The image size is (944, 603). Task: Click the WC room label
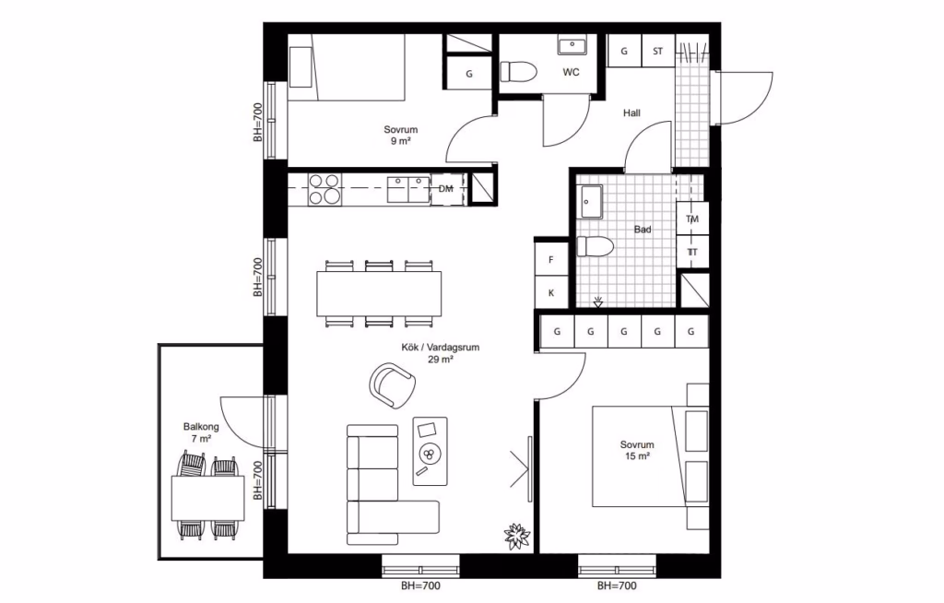pyautogui.click(x=571, y=72)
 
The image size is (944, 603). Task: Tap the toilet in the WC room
pyautogui.click(x=518, y=72)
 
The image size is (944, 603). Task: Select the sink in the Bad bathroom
pyautogui.click(x=591, y=202)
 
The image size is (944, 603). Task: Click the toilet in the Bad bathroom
pyautogui.click(x=595, y=247)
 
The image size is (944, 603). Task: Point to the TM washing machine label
pyautogui.click(x=692, y=219)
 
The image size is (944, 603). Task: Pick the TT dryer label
pyautogui.click(x=692, y=253)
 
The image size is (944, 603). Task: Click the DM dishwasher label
pyautogui.click(x=445, y=189)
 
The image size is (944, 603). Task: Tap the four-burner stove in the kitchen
pyautogui.click(x=324, y=189)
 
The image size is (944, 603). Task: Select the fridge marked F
pyautogui.click(x=551, y=260)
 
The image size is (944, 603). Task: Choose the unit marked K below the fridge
pyautogui.click(x=551, y=293)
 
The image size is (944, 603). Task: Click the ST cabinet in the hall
pyautogui.click(x=657, y=52)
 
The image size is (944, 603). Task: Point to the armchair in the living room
pyautogui.click(x=393, y=384)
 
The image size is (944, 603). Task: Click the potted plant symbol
pyautogui.click(x=516, y=535)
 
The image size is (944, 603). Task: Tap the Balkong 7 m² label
pyautogui.click(x=201, y=432)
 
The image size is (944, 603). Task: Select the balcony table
pyautogui.click(x=207, y=498)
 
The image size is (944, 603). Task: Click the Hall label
pyautogui.click(x=631, y=112)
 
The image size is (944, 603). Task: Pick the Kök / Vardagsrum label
pyautogui.click(x=440, y=354)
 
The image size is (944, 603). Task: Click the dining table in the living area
pyautogui.click(x=379, y=293)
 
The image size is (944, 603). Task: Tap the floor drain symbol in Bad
pyautogui.click(x=597, y=301)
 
